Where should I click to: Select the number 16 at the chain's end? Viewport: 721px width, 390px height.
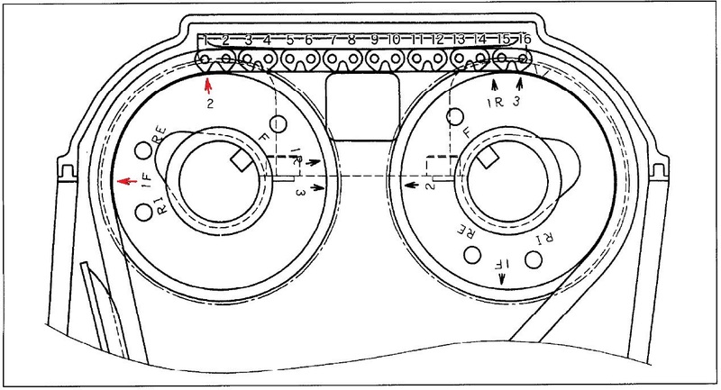pyautogui.click(x=524, y=41)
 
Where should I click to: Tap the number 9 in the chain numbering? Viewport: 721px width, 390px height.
pyautogui.click(x=373, y=41)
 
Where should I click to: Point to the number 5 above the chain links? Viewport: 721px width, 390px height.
pyautogui.click(x=289, y=41)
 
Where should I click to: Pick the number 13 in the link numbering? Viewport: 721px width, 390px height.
pyautogui.click(x=459, y=41)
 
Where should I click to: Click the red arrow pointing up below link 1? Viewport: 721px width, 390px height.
pyautogui.click(x=208, y=86)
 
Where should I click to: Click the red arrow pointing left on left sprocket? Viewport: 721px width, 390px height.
pyautogui.click(x=126, y=181)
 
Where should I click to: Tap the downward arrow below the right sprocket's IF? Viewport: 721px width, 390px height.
pyautogui.click(x=503, y=279)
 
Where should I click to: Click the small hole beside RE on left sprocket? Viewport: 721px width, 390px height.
pyautogui.click(x=142, y=150)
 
